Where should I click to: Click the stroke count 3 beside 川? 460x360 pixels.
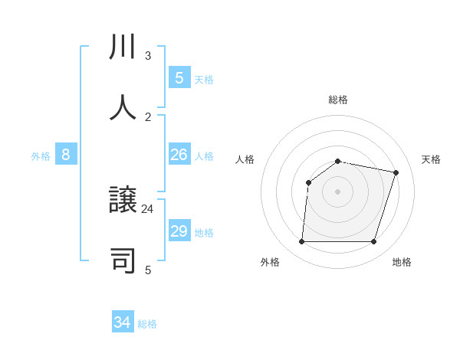click(148, 56)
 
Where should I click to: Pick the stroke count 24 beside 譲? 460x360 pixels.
click(148, 208)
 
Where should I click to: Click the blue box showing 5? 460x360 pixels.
click(179, 78)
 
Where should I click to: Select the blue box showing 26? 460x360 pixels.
click(179, 155)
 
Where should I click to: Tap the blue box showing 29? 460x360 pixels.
click(179, 231)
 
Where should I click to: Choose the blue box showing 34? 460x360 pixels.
click(123, 322)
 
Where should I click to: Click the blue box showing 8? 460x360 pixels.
click(66, 155)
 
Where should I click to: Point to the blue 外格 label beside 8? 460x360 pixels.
click(41, 156)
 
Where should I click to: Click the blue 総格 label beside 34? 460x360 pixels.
click(147, 324)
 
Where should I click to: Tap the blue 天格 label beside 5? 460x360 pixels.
click(204, 80)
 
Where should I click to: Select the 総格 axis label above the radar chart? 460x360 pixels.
click(338, 100)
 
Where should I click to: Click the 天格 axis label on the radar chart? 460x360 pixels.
click(431, 159)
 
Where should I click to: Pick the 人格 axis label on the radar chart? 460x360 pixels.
click(245, 159)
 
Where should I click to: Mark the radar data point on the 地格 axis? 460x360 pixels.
click(373, 241)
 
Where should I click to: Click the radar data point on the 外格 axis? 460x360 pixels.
click(302, 241)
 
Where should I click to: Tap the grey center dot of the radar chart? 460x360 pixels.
click(337, 191)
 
